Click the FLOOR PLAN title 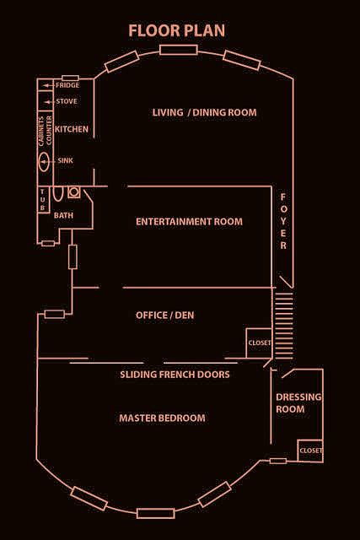177,30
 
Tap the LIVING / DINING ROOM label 204,112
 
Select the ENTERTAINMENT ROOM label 189,221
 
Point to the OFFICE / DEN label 164,315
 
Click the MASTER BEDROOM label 162,418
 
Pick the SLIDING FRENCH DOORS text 175,375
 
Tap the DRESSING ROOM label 298,403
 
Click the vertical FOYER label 283,221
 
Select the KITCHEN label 72,129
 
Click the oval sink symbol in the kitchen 44,161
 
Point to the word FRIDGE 67,85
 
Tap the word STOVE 67,101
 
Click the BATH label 64,216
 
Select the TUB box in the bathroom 43,200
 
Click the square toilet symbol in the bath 74,192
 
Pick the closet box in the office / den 259,343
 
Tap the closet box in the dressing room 310,451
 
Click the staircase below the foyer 283,326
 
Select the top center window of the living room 178,50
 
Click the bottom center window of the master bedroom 156,513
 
